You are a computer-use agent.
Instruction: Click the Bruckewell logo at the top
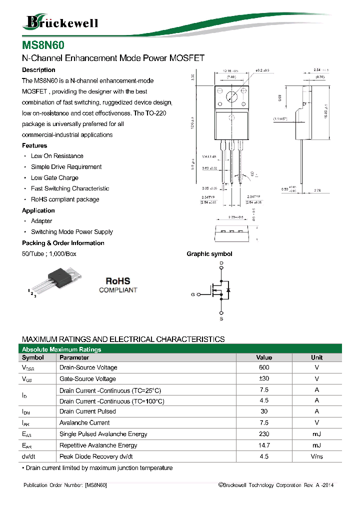pyautogui.click(x=61, y=21)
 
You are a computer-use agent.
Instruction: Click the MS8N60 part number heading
pyautogui.click(x=43, y=45)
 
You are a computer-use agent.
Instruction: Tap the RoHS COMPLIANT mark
pyautogui.click(x=118, y=285)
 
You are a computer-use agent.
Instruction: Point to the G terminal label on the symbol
pyautogui.click(x=192, y=294)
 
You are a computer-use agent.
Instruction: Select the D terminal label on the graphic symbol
pyautogui.click(x=221, y=263)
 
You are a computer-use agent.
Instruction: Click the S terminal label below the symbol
pyautogui.click(x=221, y=318)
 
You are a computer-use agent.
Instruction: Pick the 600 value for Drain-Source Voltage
pyautogui.click(x=264, y=367)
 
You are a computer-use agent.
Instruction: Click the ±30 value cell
pyautogui.click(x=264, y=378)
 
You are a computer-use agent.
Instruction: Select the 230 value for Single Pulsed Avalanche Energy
pyautogui.click(x=264, y=434)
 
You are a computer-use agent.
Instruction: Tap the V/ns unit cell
pyautogui.click(x=316, y=456)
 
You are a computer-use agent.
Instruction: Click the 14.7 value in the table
pyautogui.click(x=264, y=445)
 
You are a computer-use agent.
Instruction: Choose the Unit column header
pyautogui.click(x=316, y=357)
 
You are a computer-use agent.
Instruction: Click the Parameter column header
pyautogui.click(x=74, y=357)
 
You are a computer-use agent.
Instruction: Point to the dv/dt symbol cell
pyautogui.click(x=29, y=456)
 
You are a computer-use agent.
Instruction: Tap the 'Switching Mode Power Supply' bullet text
pyautogui.click(x=72, y=232)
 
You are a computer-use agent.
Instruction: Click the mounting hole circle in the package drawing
pyautogui.click(x=231, y=97)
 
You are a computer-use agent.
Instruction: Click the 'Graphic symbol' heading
pyautogui.click(x=209, y=254)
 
